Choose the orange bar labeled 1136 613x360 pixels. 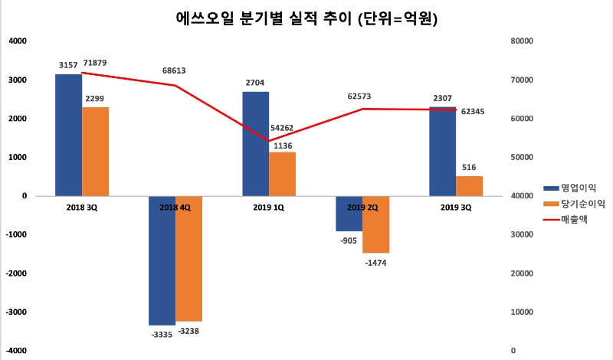coord(282,174)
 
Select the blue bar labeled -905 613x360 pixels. coord(349,214)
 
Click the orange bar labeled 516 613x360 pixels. coord(469,186)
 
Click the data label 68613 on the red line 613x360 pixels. coord(175,70)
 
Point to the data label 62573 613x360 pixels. coord(359,97)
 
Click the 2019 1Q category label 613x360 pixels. coord(268,207)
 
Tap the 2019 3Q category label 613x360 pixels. coord(456,207)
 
